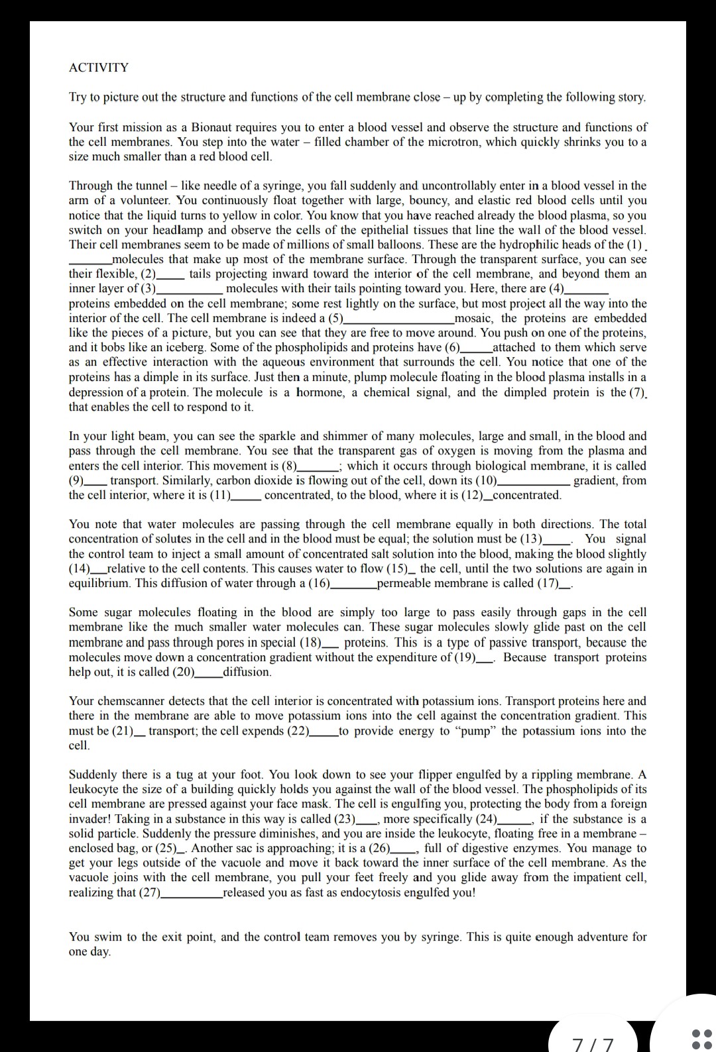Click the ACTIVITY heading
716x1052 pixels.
pos(99,68)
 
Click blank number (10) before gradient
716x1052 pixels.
pos(534,481)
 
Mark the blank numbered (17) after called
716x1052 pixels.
pos(566,584)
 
